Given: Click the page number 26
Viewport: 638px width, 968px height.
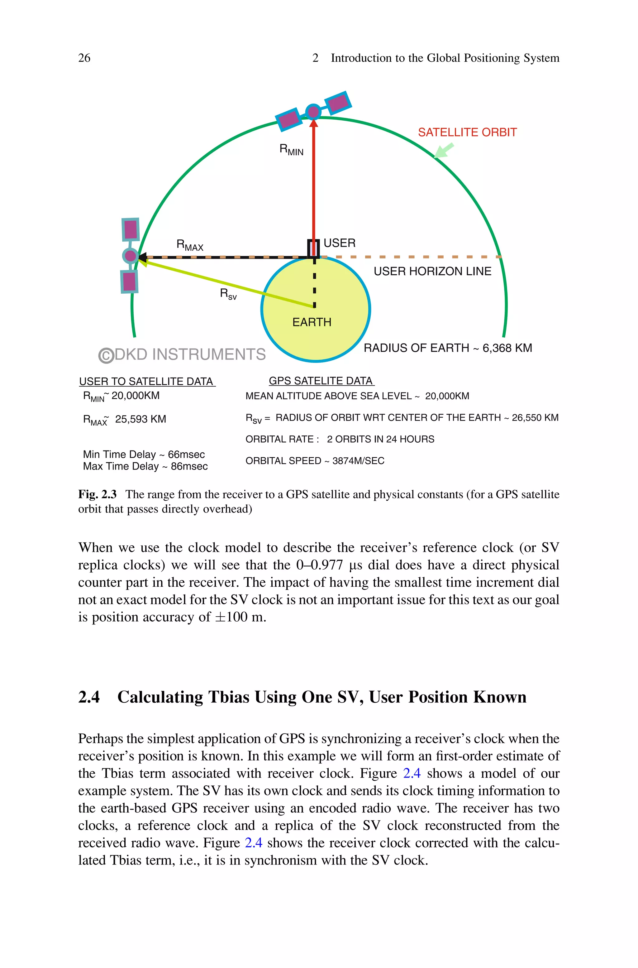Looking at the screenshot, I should (84, 58).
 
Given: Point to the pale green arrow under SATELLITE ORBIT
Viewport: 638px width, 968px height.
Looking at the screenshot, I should (444, 151).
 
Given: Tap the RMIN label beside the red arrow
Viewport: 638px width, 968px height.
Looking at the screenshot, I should (291, 150).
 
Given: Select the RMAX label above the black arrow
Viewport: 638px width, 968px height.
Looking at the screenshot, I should (190, 245).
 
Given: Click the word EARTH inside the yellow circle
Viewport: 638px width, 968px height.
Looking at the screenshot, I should (312, 322).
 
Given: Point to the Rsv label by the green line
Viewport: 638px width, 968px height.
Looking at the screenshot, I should (228, 294).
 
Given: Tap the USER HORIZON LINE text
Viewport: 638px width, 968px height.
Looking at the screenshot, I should (432, 271).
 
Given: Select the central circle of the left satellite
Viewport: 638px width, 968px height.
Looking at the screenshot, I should (130, 256).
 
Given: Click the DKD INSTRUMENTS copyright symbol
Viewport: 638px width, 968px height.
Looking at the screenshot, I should (106, 355).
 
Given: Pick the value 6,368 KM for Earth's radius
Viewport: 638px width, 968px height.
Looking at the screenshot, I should (507, 348).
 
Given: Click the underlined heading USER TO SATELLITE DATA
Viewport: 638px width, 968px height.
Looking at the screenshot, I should (146, 381).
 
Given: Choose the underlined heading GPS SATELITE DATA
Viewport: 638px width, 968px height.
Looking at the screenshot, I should (321, 381).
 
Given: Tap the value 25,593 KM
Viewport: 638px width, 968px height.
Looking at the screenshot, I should (140, 419).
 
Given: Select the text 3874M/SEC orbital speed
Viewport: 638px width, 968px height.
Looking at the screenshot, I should (358, 461).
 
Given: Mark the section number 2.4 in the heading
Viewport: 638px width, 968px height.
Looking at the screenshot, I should (89, 697).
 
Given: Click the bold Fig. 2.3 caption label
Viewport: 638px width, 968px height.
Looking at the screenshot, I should (97, 494).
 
